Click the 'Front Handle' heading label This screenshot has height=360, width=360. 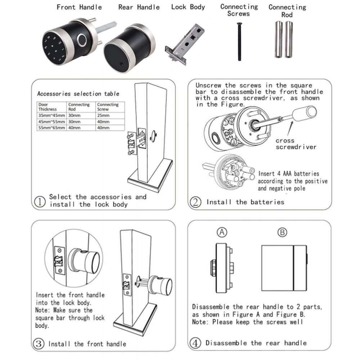[x=79, y=7]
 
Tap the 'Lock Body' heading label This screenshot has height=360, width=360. [x=188, y=7]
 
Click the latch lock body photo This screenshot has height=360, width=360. [x=184, y=45]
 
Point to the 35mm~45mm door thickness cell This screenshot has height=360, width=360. [x=52, y=115]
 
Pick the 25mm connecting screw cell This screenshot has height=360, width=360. [x=103, y=115]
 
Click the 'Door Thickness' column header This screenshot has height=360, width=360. [x=48, y=107]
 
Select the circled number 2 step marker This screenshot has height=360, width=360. [x=195, y=202]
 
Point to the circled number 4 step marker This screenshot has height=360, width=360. [x=195, y=343]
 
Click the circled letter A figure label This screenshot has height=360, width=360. [x=222, y=233]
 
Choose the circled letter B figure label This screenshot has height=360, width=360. [x=283, y=233]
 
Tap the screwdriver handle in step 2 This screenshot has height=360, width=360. [x=304, y=114]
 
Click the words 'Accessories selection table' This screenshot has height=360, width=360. [x=78, y=94]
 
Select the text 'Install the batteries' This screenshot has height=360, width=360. [x=245, y=202]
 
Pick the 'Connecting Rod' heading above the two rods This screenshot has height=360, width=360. [x=287, y=11]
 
